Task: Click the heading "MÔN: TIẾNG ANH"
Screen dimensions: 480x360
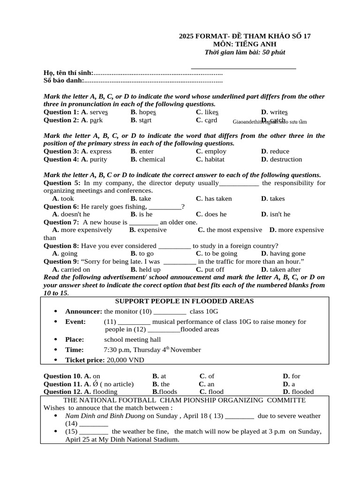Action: point(245,44)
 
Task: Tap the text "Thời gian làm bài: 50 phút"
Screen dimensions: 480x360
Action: point(245,52)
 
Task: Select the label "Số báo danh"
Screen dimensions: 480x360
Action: point(63,81)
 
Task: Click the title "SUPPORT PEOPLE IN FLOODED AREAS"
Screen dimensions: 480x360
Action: point(184,301)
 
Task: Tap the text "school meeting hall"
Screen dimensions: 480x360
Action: point(132,339)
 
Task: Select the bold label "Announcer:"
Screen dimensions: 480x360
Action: point(83,311)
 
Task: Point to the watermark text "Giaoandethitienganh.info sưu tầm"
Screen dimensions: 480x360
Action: point(270,122)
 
